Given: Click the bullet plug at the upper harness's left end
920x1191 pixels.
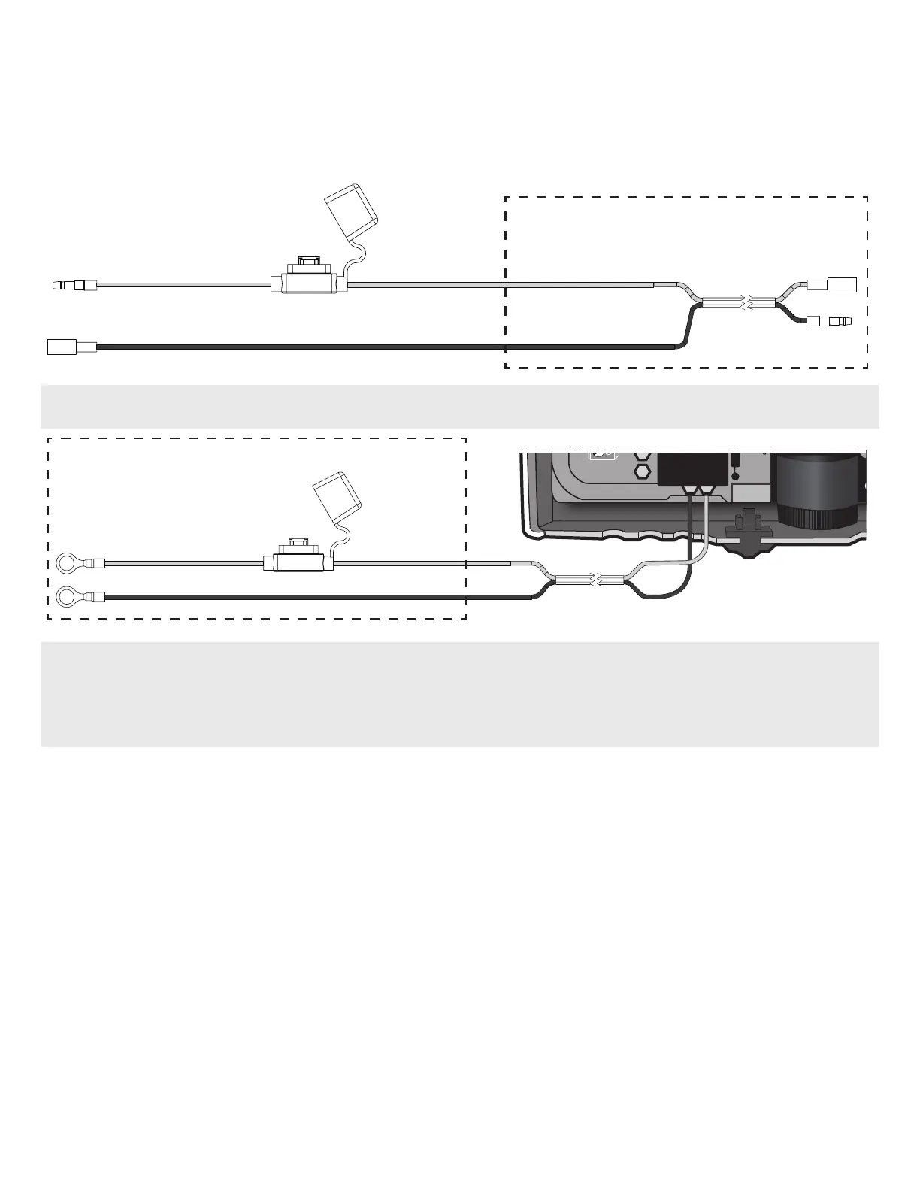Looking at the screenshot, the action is pos(71,285).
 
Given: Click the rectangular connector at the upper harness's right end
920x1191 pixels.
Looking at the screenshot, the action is pos(832,285).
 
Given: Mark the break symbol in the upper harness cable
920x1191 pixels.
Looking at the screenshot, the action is pos(743,303).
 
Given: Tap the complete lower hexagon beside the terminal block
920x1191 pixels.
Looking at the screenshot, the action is pos(643,471).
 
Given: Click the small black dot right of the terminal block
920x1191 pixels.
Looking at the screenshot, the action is pos(734,475).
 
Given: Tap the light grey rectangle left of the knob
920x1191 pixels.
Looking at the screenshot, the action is pos(751,493).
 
